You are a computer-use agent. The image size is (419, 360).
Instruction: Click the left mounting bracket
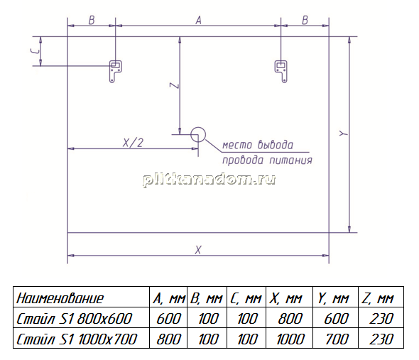[x=115, y=70]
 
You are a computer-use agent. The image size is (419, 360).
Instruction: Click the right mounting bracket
[x=281, y=70]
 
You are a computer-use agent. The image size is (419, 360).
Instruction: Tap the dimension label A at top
[x=198, y=21]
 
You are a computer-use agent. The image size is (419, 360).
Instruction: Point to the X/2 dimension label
[x=133, y=143]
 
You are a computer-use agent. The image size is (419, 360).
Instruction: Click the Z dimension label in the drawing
[x=175, y=85]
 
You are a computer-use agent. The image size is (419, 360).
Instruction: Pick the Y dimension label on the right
[x=344, y=133]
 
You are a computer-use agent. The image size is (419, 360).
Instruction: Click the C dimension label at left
[x=36, y=51]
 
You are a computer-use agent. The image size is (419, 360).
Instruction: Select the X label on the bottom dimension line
[x=198, y=250]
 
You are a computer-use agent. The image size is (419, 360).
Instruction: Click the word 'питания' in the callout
[x=290, y=160]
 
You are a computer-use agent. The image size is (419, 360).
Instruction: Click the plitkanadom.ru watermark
[x=209, y=180]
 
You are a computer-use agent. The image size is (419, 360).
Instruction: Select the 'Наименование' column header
[x=60, y=298]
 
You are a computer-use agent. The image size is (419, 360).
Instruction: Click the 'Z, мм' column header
[x=378, y=298]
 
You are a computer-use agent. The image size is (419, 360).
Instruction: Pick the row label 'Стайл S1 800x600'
[x=75, y=319]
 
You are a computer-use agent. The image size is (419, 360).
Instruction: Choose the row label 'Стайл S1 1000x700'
[x=77, y=339]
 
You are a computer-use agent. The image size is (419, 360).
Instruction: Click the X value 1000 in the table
[x=290, y=339]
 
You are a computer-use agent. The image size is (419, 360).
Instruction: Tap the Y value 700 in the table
[x=337, y=339]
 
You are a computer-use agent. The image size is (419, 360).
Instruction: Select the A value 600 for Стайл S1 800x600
[x=168, y=319]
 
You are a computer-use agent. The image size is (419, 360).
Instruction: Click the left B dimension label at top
[x=92, y=21]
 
